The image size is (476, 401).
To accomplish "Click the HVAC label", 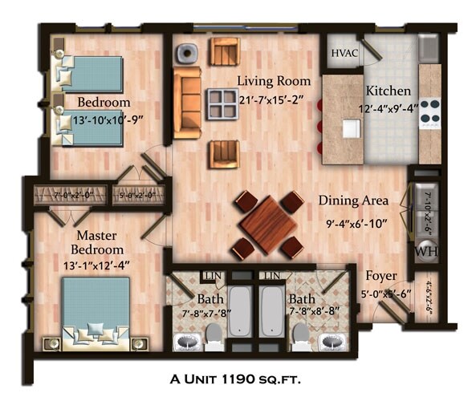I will (x=343, y=53).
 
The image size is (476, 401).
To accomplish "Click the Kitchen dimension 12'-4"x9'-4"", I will (x=389, y=108).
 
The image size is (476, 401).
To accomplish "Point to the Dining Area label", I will (x=353, y=200).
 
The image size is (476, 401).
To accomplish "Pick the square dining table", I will (x=267, y=225).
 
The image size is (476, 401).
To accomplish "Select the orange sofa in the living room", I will (x=187, y=103).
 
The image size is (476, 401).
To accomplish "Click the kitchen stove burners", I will (x=429, y=109).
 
